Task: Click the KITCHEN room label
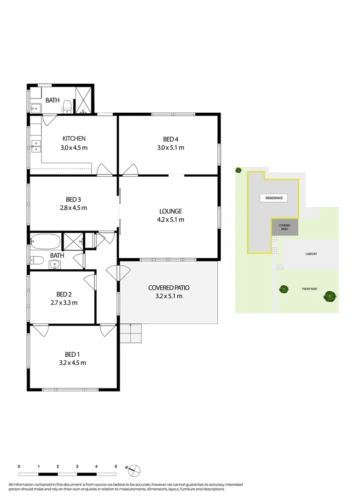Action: (x=74, y=139)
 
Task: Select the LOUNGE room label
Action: (x=171, y=211)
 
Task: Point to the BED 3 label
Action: (x=73, y=199)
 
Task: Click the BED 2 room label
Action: (x=64, y=295)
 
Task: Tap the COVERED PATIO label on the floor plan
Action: (x=169, y=288)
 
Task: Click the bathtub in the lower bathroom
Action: (x=45, y=241)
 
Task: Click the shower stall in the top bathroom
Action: (x=83, y=100)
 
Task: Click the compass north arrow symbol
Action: (x=134, y=470)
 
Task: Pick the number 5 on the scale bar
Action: (x=116, y=466)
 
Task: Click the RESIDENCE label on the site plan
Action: (x=274, y=198)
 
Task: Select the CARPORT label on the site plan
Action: (x=311, y=254)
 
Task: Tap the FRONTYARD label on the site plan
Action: (x=309, y=289)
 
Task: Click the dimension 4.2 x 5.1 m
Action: (x=171, y=220)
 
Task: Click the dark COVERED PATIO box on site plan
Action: (x=285, y=227)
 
